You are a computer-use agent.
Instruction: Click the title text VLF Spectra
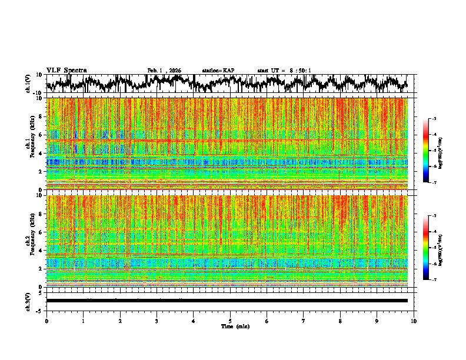click(x=66, y=70)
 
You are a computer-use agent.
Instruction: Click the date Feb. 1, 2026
click(x=164, y=71)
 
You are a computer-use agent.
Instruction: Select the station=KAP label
click(x=218, y=71)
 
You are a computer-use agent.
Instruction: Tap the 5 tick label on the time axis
click(x=231, y=321)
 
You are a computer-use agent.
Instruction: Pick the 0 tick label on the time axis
click(x=46, y=321)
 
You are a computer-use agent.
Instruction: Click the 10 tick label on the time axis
click(x=414, y=321)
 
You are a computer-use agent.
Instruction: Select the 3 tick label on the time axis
click(x=157, y=321)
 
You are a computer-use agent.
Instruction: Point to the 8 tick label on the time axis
click(x=341, y=321)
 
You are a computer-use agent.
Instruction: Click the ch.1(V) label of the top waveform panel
click(x=28, y=84)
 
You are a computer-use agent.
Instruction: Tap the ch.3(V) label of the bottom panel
click(x=28, y=301)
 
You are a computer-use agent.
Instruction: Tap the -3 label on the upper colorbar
click(x=434, y=119)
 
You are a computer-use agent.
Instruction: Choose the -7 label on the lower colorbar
click(x=434, y=280)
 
